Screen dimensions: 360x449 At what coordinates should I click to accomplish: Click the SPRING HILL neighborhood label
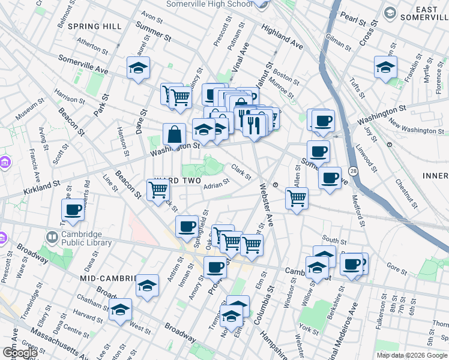(x=95, y=26)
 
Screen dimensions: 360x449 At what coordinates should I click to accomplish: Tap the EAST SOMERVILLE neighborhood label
(x=423, y=13)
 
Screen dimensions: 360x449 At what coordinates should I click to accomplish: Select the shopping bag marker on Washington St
(x=174, y=134)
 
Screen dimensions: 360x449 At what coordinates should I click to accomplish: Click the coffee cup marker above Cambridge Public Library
(x=73, y=209)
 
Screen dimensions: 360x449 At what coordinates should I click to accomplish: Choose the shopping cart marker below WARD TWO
(x=158, y=190)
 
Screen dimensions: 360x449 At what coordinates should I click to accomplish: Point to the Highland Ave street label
(x=282, y=36)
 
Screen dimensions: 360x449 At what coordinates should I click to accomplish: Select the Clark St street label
(x=241, y=172)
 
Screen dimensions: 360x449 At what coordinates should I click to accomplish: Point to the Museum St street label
(x=26, y=110)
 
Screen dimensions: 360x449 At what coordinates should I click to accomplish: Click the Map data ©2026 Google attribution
(x=412, y=355)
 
